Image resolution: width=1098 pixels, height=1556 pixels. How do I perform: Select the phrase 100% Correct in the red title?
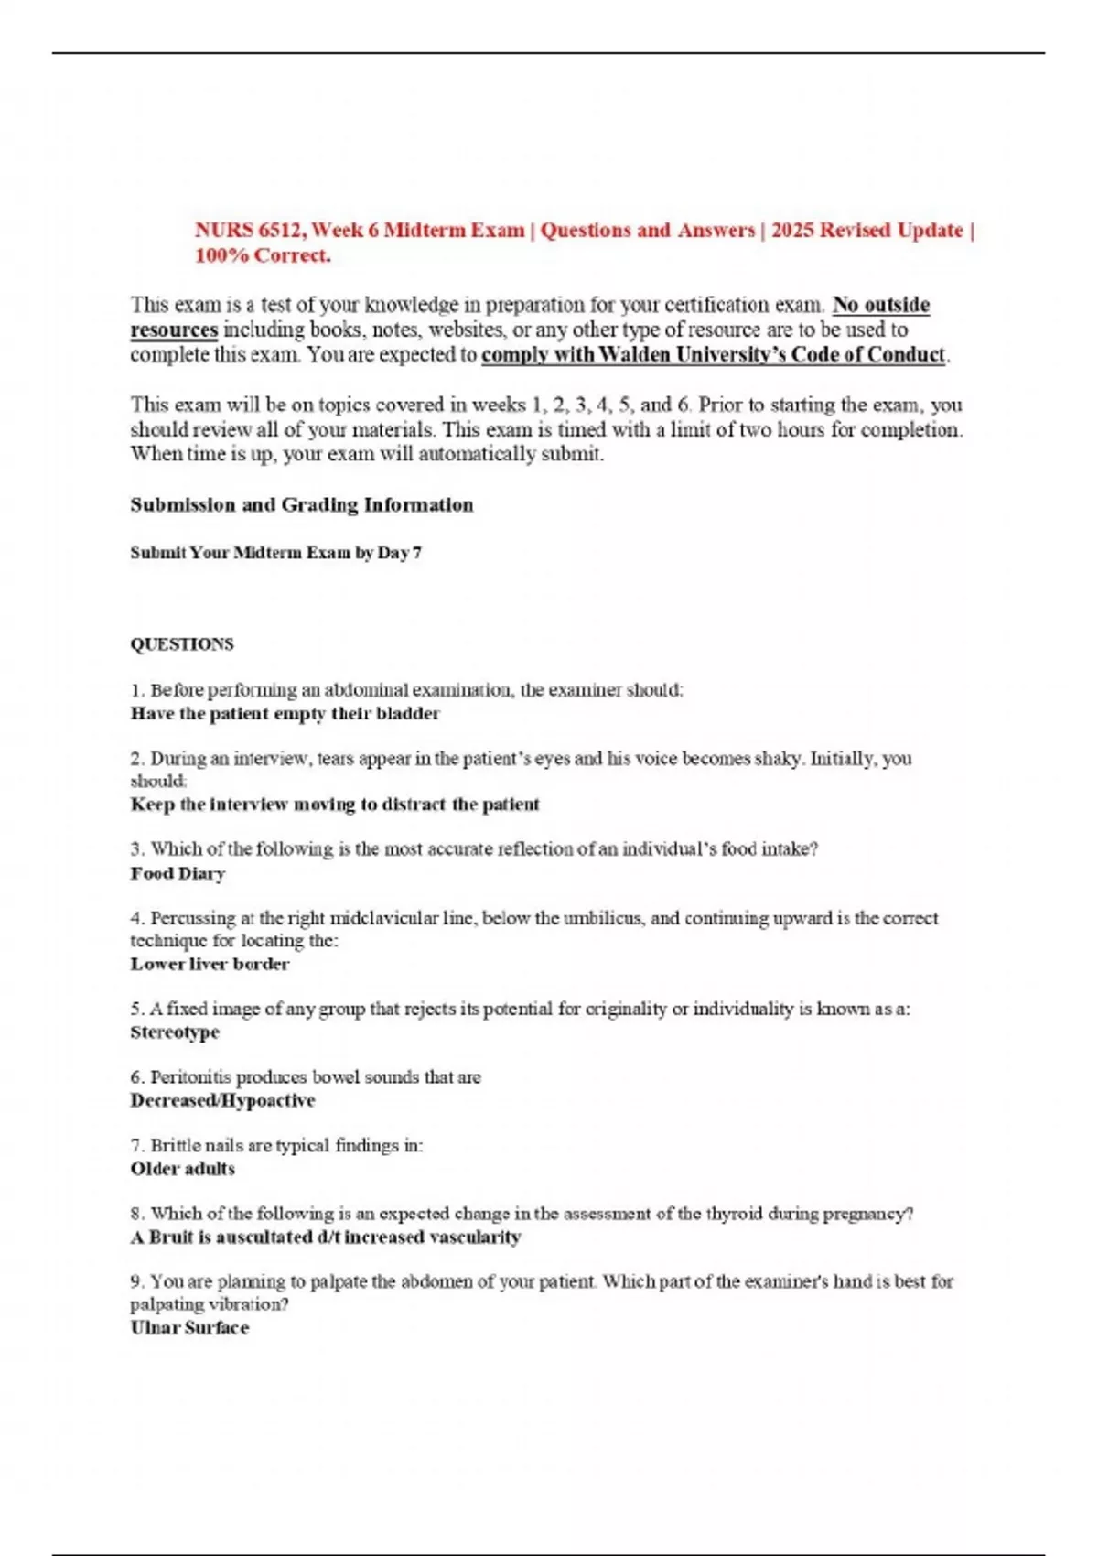(x=262, y=256)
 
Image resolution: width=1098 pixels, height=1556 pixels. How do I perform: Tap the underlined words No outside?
(x=880, y=305)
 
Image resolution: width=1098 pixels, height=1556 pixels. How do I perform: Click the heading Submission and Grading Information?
(x=301, y=505)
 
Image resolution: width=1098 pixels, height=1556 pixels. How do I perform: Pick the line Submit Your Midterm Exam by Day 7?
(x=275, y=553)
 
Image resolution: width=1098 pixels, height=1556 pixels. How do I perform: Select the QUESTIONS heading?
(x=181, y=644)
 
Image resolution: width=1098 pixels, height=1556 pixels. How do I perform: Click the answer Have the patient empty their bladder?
(x=285, y=714)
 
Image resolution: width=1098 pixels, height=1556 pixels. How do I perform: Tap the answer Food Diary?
(x=178, y=874)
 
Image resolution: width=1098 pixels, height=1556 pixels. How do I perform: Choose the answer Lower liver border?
(x=210, y=965)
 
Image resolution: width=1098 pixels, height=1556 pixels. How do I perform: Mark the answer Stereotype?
(x=175, y=1032)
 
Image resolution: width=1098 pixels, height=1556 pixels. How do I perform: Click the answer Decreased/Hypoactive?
(x=222, y=1101)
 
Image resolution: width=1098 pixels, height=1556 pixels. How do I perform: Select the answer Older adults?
(x=182, y=1169)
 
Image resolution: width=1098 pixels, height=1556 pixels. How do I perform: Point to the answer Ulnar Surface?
(x=189, y=1328)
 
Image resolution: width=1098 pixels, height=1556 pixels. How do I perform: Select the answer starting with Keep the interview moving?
(x=335, y=805)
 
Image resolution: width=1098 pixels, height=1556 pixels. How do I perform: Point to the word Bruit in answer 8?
(x=171, y=1237)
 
